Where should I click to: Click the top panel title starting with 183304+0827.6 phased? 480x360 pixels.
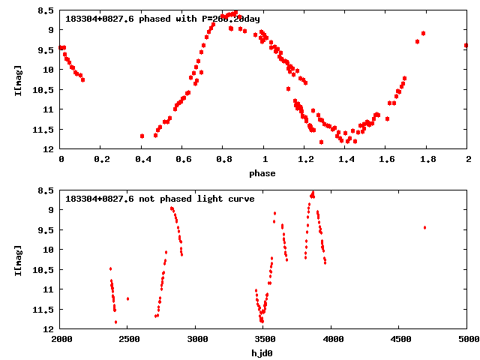[x=163, y=19]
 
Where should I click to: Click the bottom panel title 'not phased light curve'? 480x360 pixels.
[x=160, y=199]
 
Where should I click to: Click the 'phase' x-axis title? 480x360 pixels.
[x=262, y=173]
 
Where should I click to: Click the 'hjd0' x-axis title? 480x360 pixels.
[x=262, y=352]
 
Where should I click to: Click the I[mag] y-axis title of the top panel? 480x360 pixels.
[x=17, y=79]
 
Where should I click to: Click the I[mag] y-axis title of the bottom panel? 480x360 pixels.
[x=17, y=259]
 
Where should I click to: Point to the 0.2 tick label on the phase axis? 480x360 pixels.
[x=102, y=159]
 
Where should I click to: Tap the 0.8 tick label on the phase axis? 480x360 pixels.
[x=223, y=159]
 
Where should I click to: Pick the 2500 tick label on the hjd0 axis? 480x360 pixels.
[x=128, y=339]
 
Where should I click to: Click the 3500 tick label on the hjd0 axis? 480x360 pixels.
[x=263, y=339]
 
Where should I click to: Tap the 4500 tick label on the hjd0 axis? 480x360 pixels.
[x=399, y=339]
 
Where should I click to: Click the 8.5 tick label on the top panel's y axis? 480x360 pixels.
[x=46, y=10]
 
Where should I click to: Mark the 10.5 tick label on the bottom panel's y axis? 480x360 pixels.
[x=43, y=269]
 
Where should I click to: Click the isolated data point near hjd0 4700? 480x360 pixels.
[x=424, y=227]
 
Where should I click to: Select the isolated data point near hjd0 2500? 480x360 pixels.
[x=127, y=298]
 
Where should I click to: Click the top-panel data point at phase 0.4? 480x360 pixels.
[x=142, y=136]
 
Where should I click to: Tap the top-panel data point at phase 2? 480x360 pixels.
[x=466, y=45]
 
